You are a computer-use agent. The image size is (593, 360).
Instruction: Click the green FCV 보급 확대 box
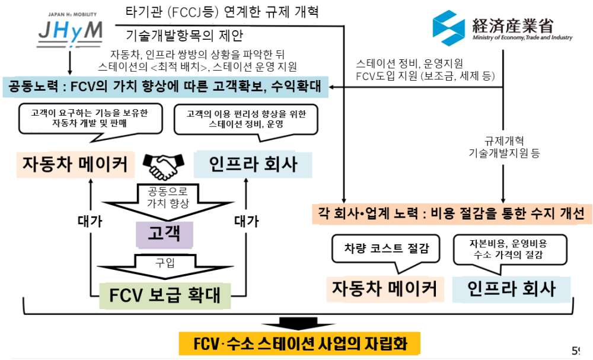(164, 292)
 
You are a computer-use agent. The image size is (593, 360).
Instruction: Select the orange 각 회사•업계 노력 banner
(452, 214)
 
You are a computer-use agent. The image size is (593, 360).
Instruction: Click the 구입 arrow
(164, 265)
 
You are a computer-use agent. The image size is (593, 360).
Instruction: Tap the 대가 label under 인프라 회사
(246, 222)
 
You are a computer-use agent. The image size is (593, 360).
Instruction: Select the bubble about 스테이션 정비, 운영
(245, 120)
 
